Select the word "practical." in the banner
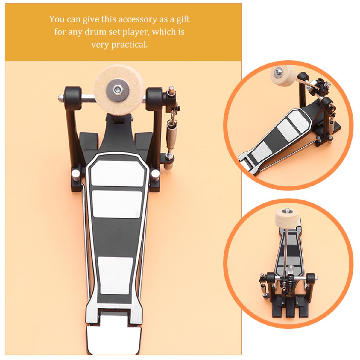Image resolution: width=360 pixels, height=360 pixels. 130,45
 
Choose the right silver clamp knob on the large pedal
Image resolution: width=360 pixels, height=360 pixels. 155,173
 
